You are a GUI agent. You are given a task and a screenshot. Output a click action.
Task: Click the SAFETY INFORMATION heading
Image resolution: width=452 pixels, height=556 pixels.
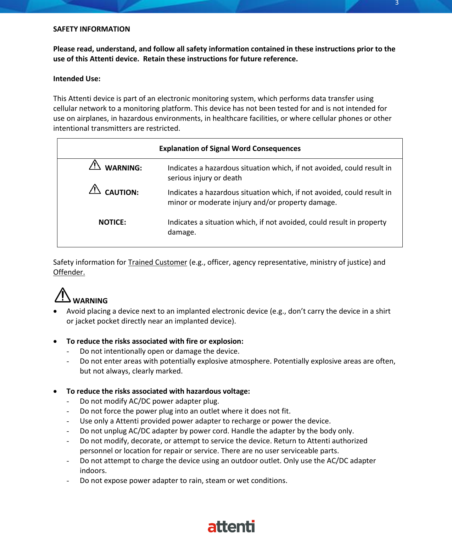coord(91,29)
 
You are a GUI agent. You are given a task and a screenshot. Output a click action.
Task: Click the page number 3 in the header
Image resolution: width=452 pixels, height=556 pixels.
coord(397,3)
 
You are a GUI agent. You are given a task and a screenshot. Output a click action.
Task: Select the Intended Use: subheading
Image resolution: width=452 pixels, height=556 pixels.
coord(77,79)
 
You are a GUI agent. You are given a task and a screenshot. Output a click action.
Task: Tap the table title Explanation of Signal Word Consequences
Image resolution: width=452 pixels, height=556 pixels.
coord(230,148)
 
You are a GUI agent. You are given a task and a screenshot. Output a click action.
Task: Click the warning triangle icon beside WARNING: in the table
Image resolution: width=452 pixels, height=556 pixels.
coord(95,165)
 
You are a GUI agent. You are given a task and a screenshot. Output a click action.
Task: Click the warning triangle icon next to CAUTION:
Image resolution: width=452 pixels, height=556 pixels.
coord(95,190)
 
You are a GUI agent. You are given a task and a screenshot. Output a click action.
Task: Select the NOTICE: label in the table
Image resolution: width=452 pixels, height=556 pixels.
coord(112,222)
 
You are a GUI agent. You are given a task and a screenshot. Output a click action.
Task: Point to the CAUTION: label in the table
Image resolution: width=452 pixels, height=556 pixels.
coord(122,192)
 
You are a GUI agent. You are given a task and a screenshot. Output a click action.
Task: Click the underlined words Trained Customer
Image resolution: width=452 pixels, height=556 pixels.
coord(157,262)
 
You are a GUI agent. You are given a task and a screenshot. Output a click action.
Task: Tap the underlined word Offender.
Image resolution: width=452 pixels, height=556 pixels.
coord(69,272)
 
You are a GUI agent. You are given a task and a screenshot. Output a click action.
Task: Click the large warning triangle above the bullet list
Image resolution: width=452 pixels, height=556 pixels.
coord(63,295)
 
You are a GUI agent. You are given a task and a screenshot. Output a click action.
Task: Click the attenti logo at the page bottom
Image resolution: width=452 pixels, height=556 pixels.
coord(231,527)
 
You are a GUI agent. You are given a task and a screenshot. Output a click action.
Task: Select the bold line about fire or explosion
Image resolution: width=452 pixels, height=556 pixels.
coord(155,341)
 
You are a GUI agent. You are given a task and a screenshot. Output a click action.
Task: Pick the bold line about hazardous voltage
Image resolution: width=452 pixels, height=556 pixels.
coord(158,391)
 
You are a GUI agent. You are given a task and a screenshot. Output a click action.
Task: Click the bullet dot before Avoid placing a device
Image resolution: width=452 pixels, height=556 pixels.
coord(55,311)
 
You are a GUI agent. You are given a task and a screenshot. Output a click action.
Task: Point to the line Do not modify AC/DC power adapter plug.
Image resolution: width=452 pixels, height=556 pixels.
coord(149,401)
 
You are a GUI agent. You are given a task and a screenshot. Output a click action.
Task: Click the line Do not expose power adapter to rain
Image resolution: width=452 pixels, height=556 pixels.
coord(183,481)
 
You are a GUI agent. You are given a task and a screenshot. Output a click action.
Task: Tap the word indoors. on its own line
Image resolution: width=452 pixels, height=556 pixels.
coord(93,471)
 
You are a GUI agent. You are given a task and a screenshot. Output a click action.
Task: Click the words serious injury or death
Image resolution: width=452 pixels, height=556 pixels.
coord(205,178)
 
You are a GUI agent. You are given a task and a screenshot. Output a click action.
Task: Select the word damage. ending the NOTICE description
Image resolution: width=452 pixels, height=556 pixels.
coord(182,232)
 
